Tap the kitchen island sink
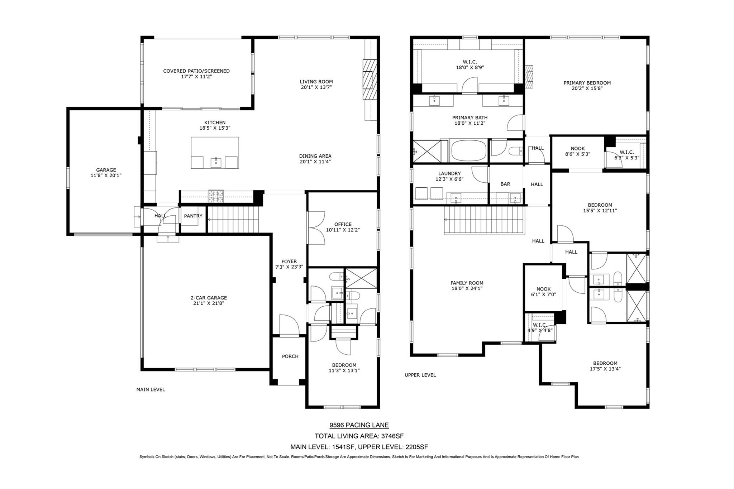pos(216,162)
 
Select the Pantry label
pos(193,216)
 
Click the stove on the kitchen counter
pos(216,196)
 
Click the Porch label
pos(290,356)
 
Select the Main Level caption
pos(151,389)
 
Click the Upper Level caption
pos(420,375)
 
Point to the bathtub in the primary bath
pos(469,151)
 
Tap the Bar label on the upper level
pos(505,184)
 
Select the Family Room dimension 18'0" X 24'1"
pos(467,288)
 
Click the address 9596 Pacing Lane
pos(359,425)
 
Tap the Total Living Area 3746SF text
pos(359,436)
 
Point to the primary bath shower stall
pos(427,151)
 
